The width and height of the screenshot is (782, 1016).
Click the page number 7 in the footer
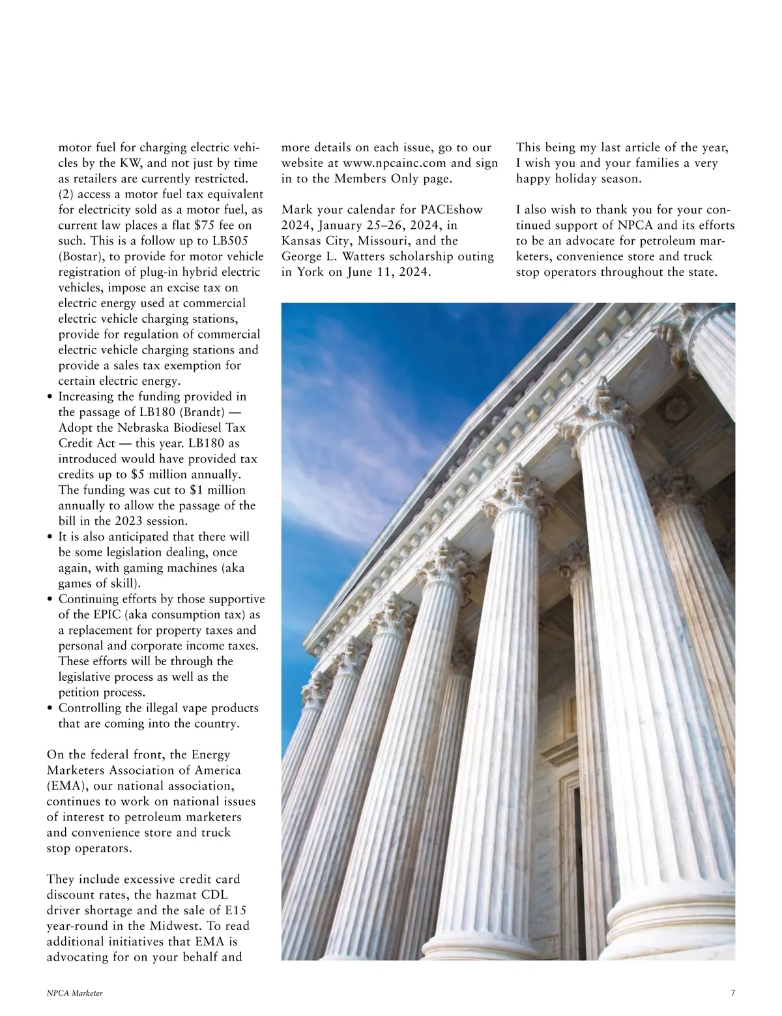point(733,993)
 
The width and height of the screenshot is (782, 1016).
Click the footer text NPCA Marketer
point(75,993)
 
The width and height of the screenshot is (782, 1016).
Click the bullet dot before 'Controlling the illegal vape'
point(51,709)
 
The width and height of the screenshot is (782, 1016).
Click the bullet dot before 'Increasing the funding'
point(51,397)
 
